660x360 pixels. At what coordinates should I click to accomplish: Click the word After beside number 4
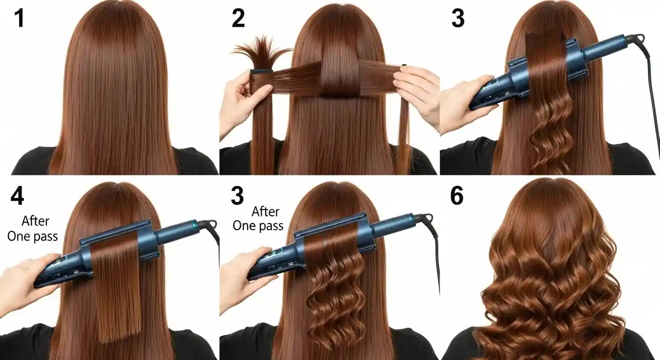tap(35, 221)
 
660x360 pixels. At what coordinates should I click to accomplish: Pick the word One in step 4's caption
tap(19, 236)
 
